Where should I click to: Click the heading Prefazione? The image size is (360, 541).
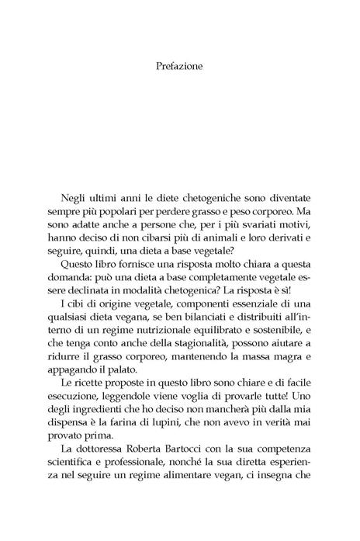(179, 66)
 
